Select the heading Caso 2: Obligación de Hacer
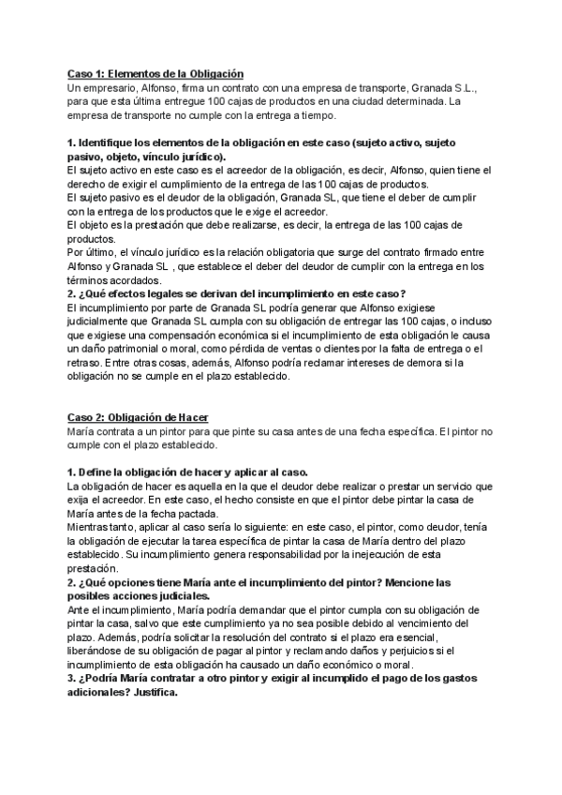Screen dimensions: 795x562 pos(139,416)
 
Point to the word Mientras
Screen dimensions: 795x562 pos(88,527)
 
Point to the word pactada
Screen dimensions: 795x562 pos(194,513)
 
